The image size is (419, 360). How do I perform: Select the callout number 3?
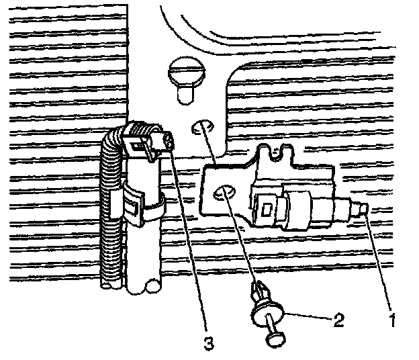point(209,344)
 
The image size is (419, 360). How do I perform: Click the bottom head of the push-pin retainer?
point(275,341)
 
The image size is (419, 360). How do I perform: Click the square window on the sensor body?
point(267,208)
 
